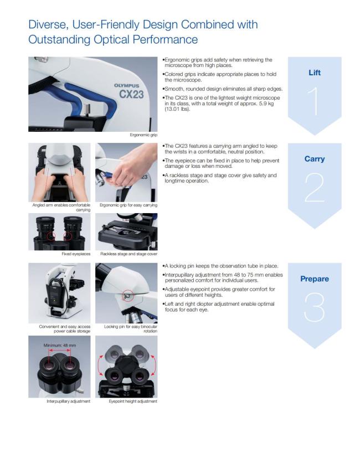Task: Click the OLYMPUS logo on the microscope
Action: click(x=127, y=85)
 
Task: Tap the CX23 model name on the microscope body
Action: click(x=131, y=95)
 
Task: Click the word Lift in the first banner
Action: click(x=315, y=73)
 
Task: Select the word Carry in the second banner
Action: click(x=315, y=159)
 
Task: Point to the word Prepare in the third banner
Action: click(x=315, y=279)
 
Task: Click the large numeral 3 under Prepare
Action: click(x=315, y=307)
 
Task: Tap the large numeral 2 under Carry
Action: click(x=315, y=187)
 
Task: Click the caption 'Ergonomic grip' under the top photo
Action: click(x=143, y=135)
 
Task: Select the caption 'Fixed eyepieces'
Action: click(x=76, y=254)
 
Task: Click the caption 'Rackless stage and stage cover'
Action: click(x=128, y=254)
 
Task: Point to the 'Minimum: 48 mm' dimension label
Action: click(x=60, y=345)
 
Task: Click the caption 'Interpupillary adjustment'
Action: click(x=68, y=401)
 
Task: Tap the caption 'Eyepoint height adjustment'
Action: click(x=133, y=401)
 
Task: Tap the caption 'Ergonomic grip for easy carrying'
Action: click(x=128, y=205)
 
